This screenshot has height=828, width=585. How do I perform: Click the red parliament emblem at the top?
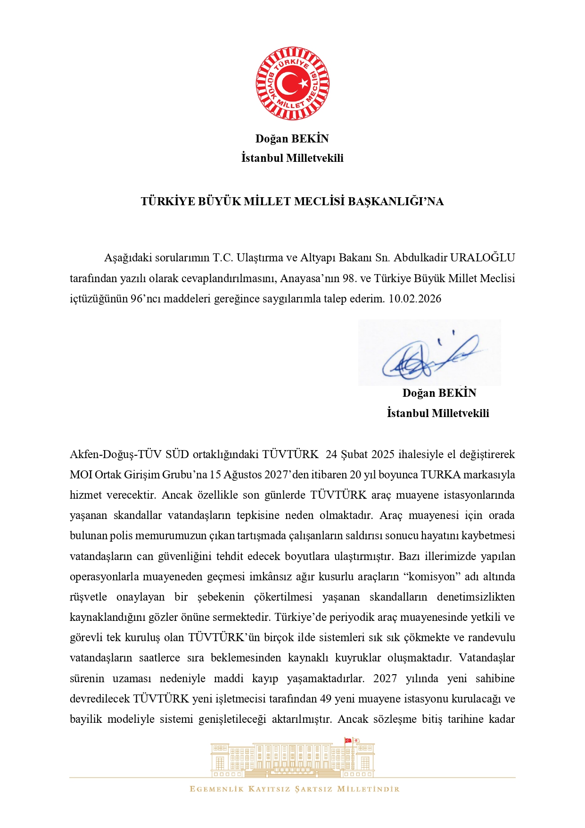(292, 84)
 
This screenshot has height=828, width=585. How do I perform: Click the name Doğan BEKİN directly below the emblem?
(292, 139)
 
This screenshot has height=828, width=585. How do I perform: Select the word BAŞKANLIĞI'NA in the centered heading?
(395, 201)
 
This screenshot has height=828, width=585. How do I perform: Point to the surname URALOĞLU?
(482, 258)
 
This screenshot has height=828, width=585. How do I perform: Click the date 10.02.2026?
(415, 299)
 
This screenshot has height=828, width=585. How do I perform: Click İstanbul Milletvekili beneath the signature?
(438, 413)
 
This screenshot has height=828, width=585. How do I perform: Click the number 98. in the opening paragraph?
(349, 278)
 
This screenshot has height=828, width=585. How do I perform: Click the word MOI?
(81, 475)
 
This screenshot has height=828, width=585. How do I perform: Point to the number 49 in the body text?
(326, 699)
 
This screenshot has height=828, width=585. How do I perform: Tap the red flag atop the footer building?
(348, 740)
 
